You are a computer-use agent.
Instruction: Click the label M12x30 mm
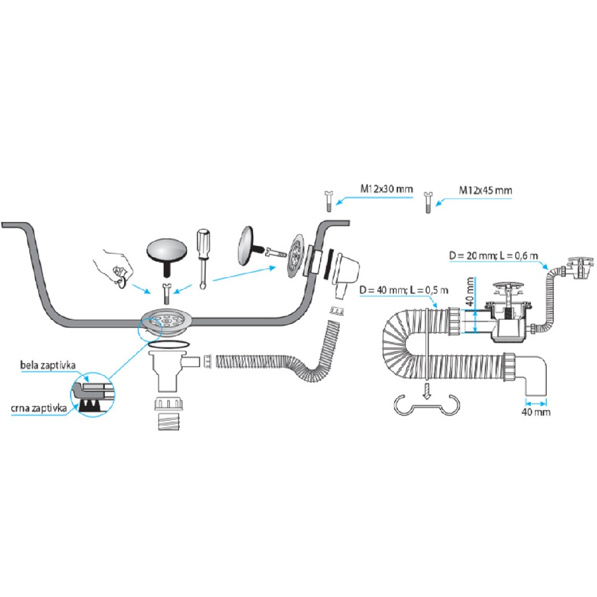point(386,189)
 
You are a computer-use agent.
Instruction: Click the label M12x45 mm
point(485,190)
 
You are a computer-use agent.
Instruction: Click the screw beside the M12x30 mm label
point(328,199)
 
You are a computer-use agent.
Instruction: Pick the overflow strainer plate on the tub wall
point(294,256)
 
